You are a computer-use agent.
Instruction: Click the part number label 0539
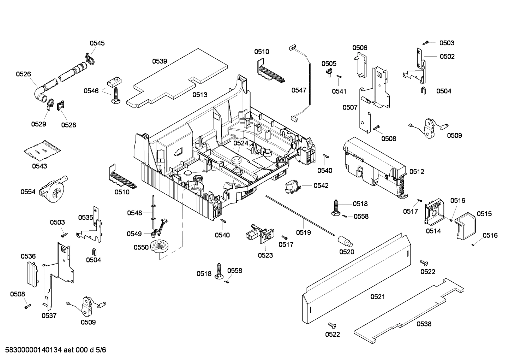(x=160, y=61)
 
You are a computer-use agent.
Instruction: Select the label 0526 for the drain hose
(x=23, y=74)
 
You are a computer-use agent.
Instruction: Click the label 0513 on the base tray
(x=200, y=95)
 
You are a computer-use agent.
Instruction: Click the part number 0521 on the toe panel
(x=377, y=297)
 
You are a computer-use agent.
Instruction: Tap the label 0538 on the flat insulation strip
(x=424, y=324)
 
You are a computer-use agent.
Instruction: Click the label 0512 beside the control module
(x=417, y=172)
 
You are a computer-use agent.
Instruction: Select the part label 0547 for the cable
(x=299, y=90)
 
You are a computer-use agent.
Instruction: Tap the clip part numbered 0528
(x=61, y=105)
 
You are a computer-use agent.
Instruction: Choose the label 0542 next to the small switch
(x=321, y=185)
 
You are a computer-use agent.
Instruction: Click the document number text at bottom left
(x=53, y=350)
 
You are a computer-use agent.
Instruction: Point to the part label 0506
(x=359, y=48)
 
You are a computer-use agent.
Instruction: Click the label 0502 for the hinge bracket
(x=447, y=56)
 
